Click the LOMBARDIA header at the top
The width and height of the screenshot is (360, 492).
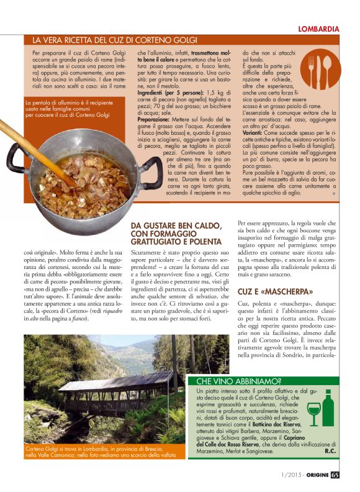click(x=318, y=29)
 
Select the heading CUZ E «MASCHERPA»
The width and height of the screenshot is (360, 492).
click(x=276, y=291)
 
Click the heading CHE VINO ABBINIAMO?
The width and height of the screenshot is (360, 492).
click(x=239, y=381)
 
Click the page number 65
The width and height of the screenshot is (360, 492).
click(x=335, y=477)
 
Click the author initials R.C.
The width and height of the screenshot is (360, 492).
click(x=330, y=451)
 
